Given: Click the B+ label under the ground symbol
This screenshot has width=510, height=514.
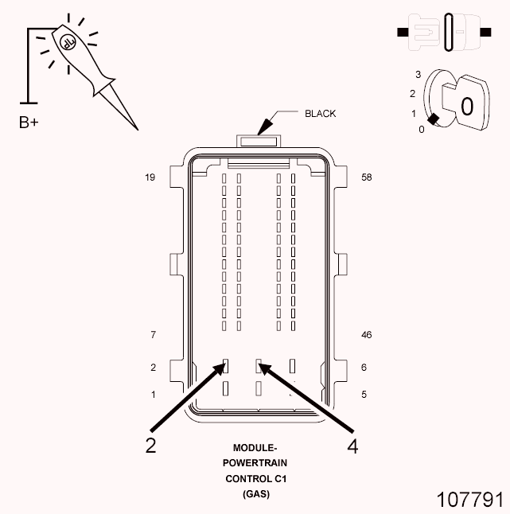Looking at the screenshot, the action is [29, 123].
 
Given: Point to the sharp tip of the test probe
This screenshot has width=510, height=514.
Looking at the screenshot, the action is [138, 130].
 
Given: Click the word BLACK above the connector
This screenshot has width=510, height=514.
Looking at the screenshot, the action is [320, 114].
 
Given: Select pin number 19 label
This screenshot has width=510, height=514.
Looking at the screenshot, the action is [150, 177].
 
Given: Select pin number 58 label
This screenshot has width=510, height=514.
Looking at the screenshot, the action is [367, 177].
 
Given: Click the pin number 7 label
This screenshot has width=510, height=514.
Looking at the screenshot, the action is [153, 335].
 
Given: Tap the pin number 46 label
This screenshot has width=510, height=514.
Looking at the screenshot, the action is [367, 335].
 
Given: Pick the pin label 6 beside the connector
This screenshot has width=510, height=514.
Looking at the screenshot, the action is [364, 367].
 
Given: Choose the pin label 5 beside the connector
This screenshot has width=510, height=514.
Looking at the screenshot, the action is [364, 395].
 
